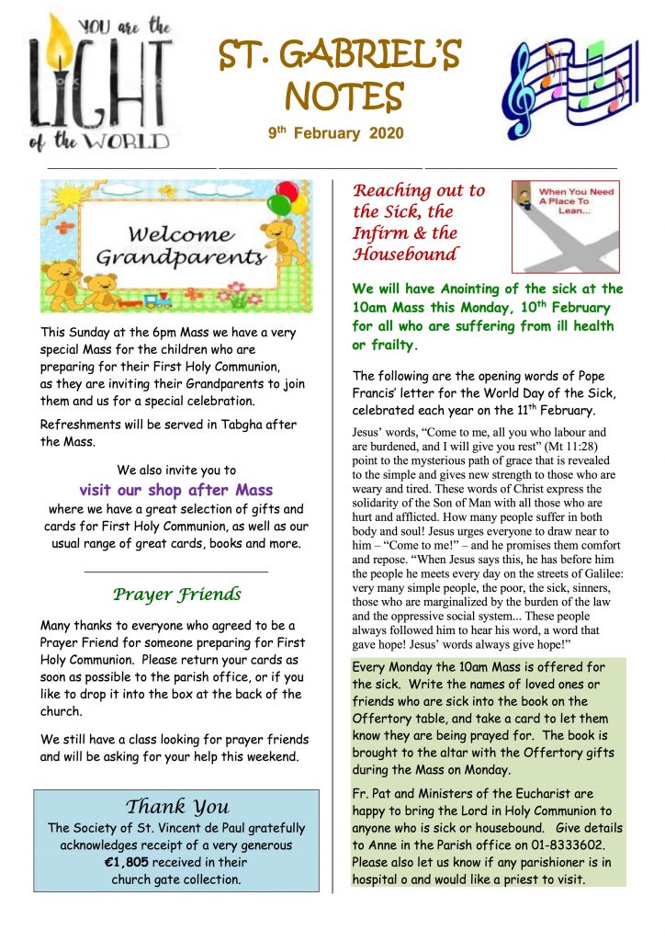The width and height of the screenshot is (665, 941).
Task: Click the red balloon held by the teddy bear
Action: pos(287,192)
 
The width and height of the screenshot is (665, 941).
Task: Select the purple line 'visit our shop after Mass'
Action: pos(176,490)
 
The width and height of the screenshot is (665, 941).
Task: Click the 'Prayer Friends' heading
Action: pos(176,595)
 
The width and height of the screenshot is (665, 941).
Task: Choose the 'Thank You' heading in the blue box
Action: pos(176,807)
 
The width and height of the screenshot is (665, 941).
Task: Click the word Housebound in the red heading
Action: pos(406,254)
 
